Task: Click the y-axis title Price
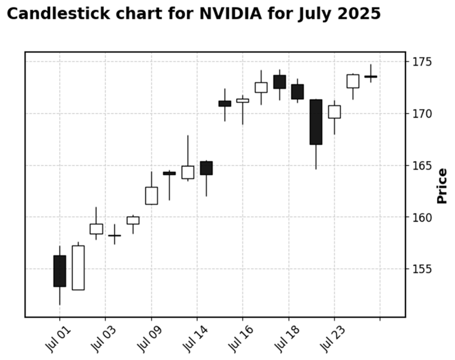click(442, 186)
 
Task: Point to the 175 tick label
click(421, 62)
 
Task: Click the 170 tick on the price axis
click(421, 114)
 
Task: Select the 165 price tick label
click(421, 166)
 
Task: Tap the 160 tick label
click(421, 217)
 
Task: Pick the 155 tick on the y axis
click(421, 269)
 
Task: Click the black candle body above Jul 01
click(60, 271)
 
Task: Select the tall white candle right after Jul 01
click(78, 268)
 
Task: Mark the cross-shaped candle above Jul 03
click(115, 235)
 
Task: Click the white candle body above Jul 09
click(151, 196)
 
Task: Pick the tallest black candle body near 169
click(316, 122)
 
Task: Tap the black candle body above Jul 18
click(297, 92)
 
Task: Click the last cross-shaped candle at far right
click(371, 77)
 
